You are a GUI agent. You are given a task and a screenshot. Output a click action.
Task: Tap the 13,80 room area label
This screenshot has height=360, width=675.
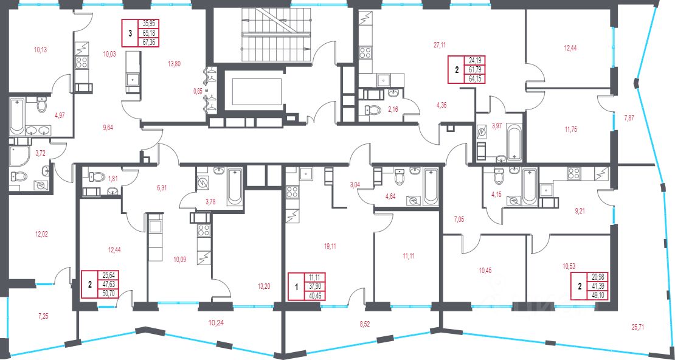tap(175, 63)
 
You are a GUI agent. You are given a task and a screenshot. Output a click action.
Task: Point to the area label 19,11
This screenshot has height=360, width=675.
tap(330, 247)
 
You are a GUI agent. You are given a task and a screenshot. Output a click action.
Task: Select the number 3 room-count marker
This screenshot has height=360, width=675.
tap(130, 33)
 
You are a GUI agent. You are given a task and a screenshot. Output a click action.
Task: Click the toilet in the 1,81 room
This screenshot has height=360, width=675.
tap(97, 176)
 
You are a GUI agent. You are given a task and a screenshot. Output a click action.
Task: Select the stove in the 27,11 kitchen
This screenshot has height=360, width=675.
tap(365, 53)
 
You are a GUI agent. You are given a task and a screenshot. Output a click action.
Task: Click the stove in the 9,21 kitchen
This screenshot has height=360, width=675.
tap(573, 173)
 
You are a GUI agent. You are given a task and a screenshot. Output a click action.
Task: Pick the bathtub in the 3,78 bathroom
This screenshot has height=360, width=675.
tap(235, 186)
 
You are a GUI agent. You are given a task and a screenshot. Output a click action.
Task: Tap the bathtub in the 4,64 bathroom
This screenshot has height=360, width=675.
tap(430, 187)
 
